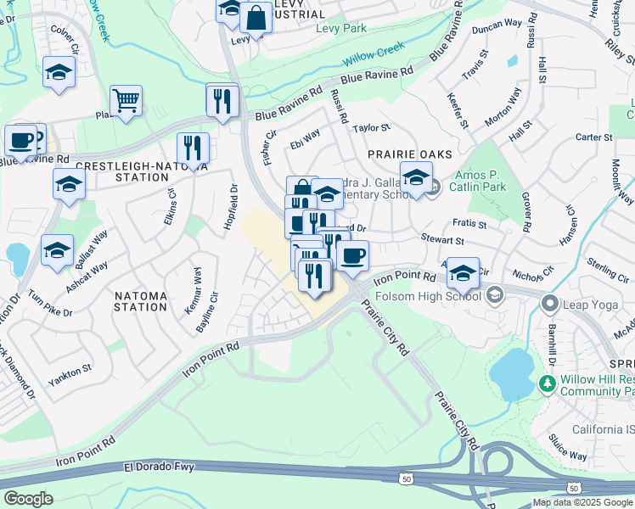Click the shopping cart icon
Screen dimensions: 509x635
coord(126,101)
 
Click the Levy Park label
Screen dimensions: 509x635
coord(340,28)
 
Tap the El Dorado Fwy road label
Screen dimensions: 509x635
coord(159,467)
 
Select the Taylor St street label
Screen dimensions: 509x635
coord(371,128)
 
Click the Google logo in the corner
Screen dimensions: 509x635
coord(28,499)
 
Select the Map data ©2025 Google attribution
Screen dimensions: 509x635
coord(582,502)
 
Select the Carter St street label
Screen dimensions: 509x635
coord(593,137)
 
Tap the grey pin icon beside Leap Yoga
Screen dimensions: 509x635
coord(551,303)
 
